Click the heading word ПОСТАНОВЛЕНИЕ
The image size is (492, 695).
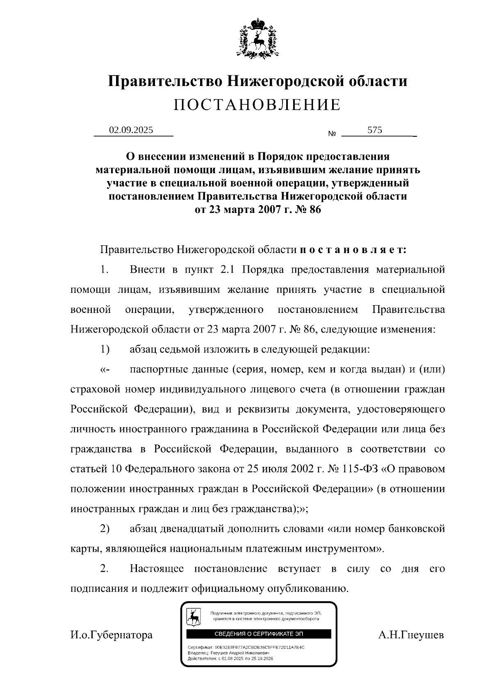pyautogui.click(x=257, y=105)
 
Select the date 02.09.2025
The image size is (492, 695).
pyautogui.click(x=131, y=130)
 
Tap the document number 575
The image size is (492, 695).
pyautogui.click(x=375, y=130)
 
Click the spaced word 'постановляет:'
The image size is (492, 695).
pyautogui.click(x=353, y=249)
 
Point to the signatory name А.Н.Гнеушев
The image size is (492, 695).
pyautogui.click(x=411, y=635)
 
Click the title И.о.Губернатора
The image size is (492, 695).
pyautogui.click(x=112, y=635)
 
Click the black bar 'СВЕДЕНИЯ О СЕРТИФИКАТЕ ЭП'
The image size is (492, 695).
pyautogui.click(x=259, y=634)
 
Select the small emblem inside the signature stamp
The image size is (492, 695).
pyautogui.click(x=194, y=616)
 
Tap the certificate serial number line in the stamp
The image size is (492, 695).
pyautogui.click(x=246, y=647)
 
